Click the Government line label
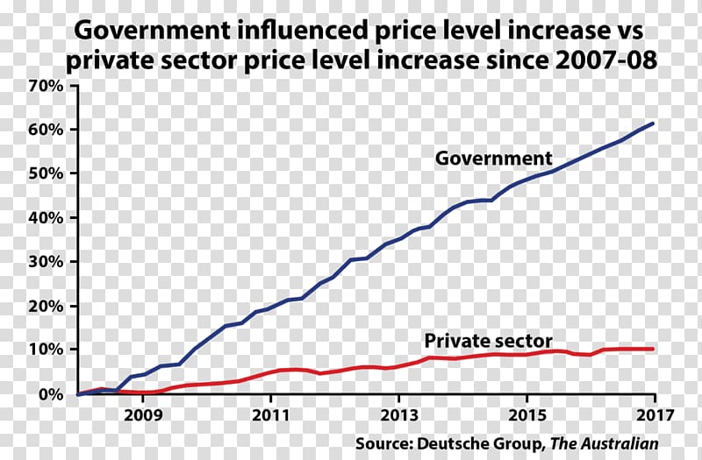click(494, 159)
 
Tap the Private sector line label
click(488, 340)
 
